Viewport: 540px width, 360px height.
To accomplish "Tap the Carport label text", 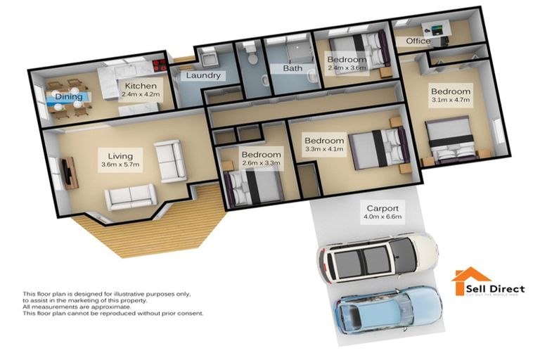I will click(x=382, y=208).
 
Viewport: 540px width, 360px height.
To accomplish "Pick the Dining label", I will click(x=69, y=97).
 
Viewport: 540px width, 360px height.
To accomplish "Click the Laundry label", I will click(x=204, y=75).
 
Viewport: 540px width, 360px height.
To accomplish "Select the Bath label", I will click(x=292, y=68).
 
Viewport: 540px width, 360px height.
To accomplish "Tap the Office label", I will click(x=418, y=41).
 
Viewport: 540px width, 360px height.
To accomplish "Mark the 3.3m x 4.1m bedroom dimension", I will click(x=324, y=149).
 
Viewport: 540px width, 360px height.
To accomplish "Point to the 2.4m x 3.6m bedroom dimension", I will click(x=347, y=69).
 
